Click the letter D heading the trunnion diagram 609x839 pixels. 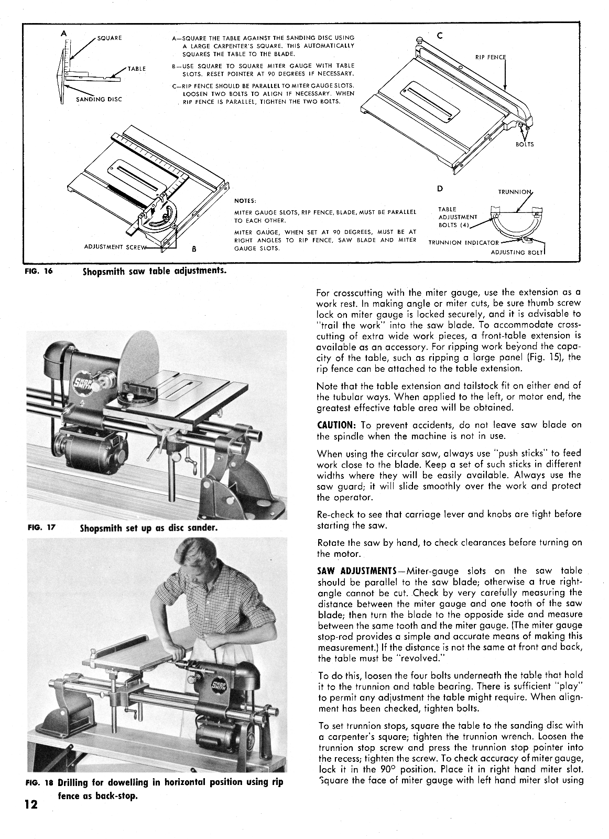(x=440, y=188)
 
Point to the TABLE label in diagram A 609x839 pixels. (x=137, y=69)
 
